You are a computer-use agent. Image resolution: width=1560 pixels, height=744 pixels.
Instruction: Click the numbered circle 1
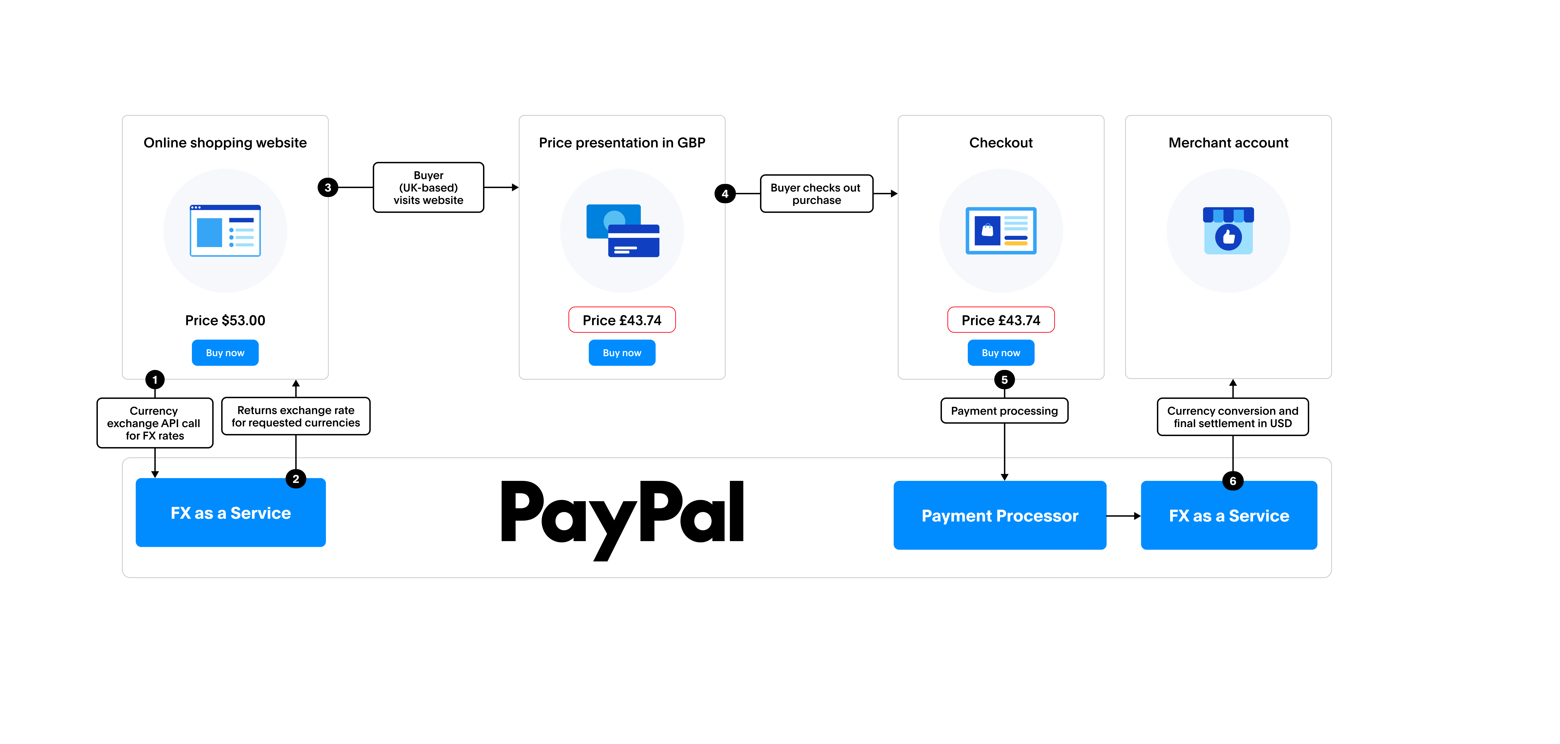155,380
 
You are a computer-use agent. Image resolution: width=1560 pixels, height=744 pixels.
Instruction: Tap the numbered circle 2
296,479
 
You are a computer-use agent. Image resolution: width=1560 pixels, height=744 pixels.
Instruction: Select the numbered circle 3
328,188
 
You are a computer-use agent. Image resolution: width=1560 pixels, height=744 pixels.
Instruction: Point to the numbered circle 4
725,194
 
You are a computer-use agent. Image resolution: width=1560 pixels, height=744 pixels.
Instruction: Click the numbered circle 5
1004,380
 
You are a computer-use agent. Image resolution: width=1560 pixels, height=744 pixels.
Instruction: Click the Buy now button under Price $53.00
225,353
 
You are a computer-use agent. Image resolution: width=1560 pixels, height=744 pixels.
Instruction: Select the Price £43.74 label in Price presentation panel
622,320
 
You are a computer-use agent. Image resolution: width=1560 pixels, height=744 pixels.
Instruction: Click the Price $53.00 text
225,320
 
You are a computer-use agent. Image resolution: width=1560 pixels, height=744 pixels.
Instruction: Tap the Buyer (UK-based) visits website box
428,188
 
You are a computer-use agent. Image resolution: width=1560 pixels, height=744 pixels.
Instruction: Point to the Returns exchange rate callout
296,416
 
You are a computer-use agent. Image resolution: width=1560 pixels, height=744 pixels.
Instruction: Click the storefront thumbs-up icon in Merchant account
1228,231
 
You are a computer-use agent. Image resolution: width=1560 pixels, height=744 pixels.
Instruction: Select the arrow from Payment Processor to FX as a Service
1123,516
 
